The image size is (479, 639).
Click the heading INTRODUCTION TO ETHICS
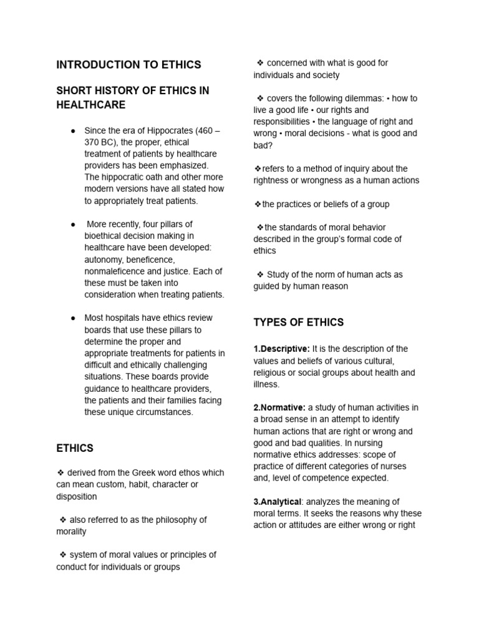pyautogui.click(x=128, y=65)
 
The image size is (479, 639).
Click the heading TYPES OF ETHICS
pyautogui.click(x=298, y=322)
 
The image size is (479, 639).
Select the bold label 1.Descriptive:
pyautogui.click(x=281, y=349)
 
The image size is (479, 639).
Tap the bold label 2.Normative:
pyautogui.click(x=279, y=407)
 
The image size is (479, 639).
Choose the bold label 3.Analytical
pyautogui.click(x=278, y=502)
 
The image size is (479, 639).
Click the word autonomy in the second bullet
pyautogui.click(x=104, y=259)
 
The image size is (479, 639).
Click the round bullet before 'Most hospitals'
pyautogui.click(x=73, y=318)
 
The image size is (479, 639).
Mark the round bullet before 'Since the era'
pyautogui.click(x=73, y=130)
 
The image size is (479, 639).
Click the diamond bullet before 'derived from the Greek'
pyautogui.click(x=60, y=473)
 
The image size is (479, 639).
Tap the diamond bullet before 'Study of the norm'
pyautogui.click(x=260, y=275)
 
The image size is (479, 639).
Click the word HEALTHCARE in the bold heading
pyautogui.click(x=91, y=105)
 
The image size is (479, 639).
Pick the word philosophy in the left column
pyautogui.click(x=168, y=520)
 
